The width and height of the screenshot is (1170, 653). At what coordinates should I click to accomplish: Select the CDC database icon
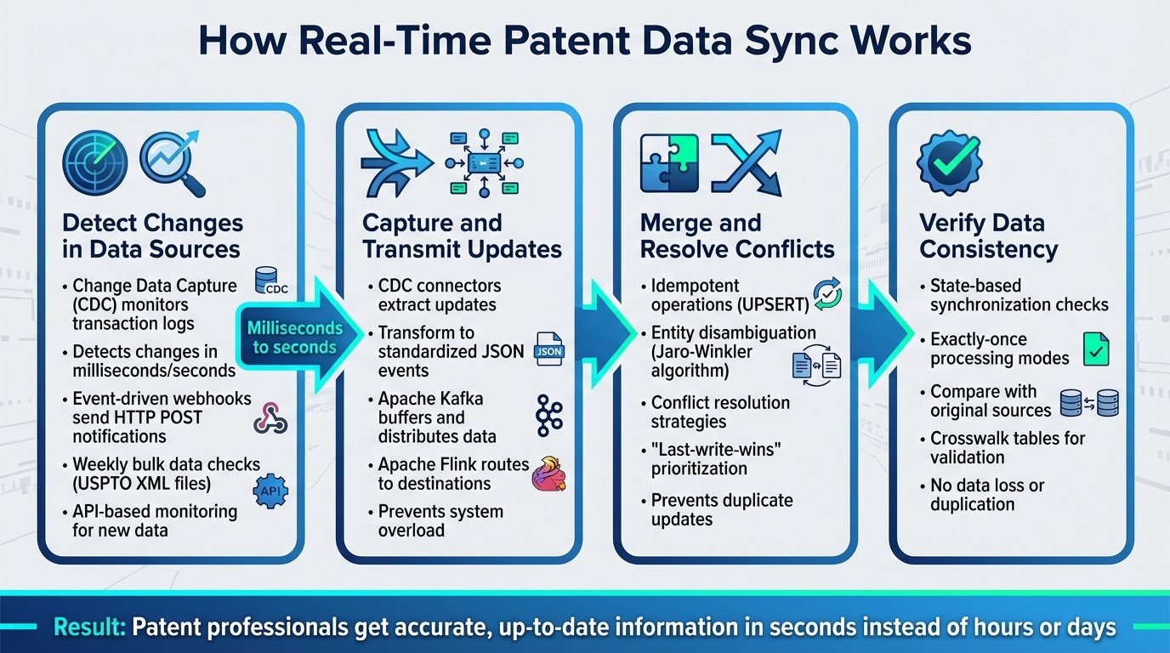coord(271,283)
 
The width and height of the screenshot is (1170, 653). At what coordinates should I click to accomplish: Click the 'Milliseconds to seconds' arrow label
coord(294,337)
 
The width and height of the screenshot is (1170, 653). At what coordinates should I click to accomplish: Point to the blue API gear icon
coord(271,491)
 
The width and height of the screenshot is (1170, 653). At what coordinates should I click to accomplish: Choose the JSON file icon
coord(548,349)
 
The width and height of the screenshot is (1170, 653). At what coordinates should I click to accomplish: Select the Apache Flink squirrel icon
coord(548,475)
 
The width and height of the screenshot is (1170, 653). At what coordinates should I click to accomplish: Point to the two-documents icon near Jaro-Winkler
coord(815,365)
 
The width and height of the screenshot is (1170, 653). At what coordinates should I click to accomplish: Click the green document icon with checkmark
coord(1096,349)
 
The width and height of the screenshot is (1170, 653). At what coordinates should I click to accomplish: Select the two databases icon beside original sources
coord(1090,402)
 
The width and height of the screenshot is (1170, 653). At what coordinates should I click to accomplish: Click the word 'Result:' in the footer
coord(88,627)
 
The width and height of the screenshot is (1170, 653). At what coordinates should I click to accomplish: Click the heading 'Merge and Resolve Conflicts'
coord(736,236)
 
